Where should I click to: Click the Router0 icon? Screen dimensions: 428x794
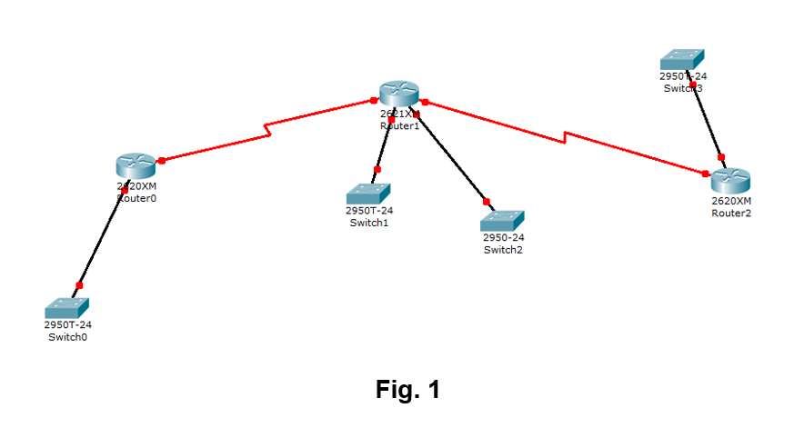tap(136, 166)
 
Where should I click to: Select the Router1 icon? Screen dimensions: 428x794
tap(399, 93)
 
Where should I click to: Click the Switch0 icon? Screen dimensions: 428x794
tap(67, 307)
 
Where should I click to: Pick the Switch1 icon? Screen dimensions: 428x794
tap(368, 194)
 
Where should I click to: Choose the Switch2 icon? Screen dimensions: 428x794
tap(503, 221)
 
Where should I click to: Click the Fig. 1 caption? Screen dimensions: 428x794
tap(407, 390)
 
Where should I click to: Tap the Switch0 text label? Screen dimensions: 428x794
tap(68, 336)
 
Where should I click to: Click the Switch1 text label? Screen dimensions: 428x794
tap(369, 223)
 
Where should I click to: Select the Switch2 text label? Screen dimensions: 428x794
tap(503, 250)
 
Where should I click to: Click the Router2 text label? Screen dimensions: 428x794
tap(731, 213)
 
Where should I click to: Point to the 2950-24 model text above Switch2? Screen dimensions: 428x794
tap(503, 238)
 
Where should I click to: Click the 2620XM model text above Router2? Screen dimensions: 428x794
tap(731, 201)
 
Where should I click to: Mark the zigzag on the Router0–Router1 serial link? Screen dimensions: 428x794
tap(267, 130)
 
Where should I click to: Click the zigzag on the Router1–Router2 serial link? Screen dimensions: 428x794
tap(566, 137)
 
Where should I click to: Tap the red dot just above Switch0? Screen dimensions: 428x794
tap(79, 285)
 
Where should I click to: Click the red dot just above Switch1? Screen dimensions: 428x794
tap(377, 169)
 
